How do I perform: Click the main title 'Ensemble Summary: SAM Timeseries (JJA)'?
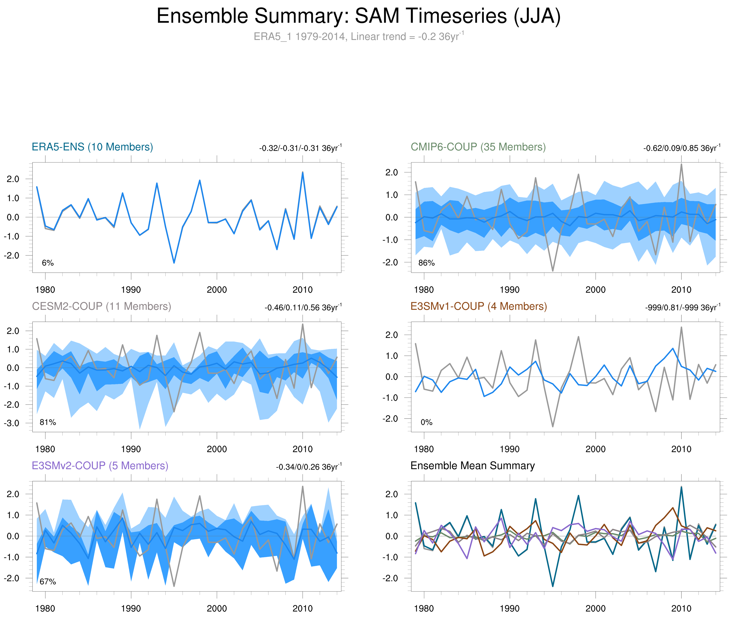(x=358, y=16)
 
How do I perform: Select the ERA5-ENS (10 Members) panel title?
(x=92, y=147)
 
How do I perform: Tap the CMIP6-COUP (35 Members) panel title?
(x=478, y=147)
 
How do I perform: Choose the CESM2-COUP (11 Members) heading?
(x=101, y=306)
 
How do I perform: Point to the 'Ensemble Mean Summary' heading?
(x=472, y=466)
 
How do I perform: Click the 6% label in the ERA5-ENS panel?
(x=48, y=263)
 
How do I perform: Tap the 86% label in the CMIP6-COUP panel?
(x=426, y=263)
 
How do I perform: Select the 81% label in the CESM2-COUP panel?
(x=48, y=422)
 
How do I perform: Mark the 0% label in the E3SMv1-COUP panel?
(x=426, y=422)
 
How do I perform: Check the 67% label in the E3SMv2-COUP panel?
(x=48, y=582)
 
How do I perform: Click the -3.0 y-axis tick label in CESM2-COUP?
(x=12, y=423)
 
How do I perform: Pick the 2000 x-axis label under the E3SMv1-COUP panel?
(x=595, y=449)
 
